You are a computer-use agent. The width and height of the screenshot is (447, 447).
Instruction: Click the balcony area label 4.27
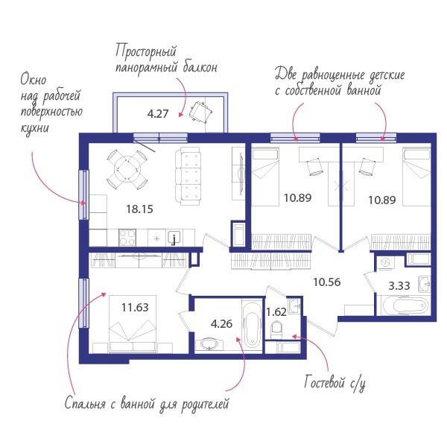tap(158, 114)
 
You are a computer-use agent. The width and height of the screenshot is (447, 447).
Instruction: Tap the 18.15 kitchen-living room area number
tap(139, 209)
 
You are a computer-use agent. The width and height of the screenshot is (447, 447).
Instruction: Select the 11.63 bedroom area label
tap(135, 307)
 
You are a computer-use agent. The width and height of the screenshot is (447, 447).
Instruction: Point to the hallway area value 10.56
tap(327, 282)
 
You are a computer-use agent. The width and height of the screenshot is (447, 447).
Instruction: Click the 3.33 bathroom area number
tap(399, 285)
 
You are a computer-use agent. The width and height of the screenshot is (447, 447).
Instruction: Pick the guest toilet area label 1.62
tap(276, 312)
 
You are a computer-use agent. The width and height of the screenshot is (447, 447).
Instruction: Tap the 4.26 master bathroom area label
tap(221, 324)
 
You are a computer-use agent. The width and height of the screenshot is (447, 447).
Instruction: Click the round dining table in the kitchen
tap(127, 169)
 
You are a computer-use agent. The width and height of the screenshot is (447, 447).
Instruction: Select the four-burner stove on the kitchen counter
tap(127, 238)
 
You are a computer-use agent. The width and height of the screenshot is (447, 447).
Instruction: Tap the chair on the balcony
tap(200, 112)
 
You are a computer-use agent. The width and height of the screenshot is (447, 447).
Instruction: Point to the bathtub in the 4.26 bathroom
tap(252, 326)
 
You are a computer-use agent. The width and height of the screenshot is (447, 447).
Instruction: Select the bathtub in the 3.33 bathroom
tap(405, 305)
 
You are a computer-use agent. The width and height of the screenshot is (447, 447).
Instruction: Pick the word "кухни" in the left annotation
tap(34, 127)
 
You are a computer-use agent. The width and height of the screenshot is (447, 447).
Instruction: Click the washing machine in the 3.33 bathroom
tap(385, 263)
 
